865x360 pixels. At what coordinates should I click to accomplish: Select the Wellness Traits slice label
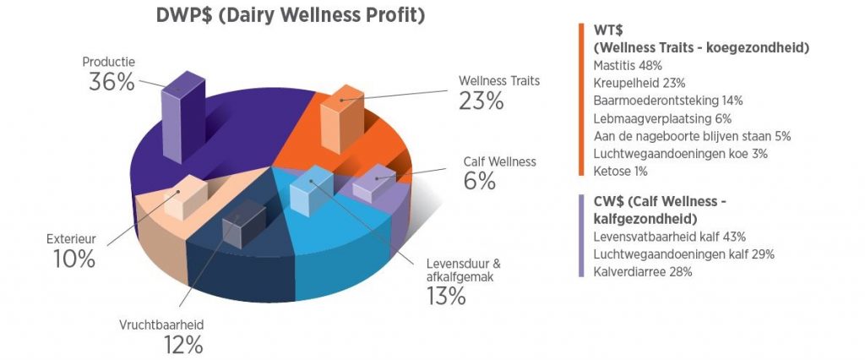point(498,81)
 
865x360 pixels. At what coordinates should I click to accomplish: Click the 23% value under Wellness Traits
point(481,101)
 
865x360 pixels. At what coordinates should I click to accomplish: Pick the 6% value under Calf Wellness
point(479,181)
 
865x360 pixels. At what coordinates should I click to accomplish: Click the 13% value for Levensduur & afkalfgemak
point(445,296)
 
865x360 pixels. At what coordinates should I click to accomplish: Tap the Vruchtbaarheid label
point(160,325)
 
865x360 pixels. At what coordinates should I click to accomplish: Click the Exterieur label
point(71,239)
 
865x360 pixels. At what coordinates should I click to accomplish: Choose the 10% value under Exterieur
point(73,259)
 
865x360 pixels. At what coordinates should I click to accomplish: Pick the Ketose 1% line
point(620,172)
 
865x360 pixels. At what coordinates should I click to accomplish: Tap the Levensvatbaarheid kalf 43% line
point(669,237)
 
